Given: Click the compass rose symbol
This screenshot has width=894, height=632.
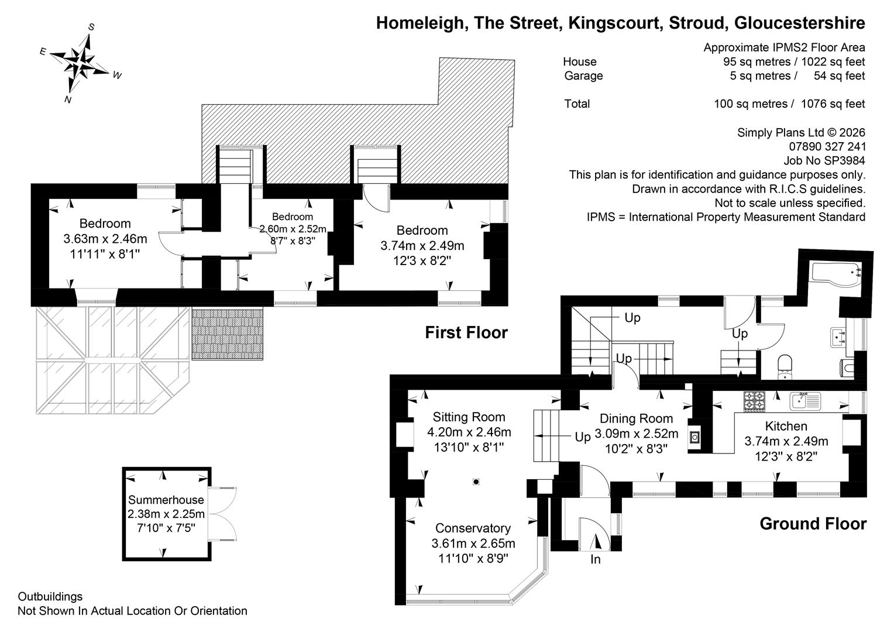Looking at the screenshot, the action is click(x=82, y=64).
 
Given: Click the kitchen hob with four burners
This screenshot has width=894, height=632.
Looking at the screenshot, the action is click(x=754, y=401).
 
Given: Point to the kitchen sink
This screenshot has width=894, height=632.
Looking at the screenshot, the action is click(x=805, y=401).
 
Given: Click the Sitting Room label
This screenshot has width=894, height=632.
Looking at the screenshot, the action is click(x=469, y=417).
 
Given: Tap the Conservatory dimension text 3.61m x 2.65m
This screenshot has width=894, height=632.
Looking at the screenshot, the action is click(x=473, y=544).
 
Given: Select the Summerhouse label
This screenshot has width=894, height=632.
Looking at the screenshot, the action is click(x=166, y=500).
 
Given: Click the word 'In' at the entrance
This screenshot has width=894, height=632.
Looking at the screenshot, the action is click(x=596, y=559).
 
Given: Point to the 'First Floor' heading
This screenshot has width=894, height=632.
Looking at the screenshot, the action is click(x=466, y=332).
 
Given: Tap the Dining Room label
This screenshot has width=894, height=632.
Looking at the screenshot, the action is click(x=636, y=418).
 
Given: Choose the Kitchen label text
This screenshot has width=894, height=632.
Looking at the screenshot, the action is click(x=786, y=426).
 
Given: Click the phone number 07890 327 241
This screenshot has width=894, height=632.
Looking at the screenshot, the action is click(x=827, y=146).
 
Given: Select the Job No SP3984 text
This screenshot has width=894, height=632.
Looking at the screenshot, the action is click(x=824, y=160).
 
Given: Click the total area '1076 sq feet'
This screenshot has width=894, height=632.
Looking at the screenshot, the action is click(x=833, y=104).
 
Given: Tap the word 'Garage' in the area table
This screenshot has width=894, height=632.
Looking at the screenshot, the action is click(x=583, y=76).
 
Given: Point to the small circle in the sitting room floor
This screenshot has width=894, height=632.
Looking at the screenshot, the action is click(x=476, y=482).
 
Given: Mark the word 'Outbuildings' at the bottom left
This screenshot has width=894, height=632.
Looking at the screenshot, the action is click(x=50, y=596).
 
